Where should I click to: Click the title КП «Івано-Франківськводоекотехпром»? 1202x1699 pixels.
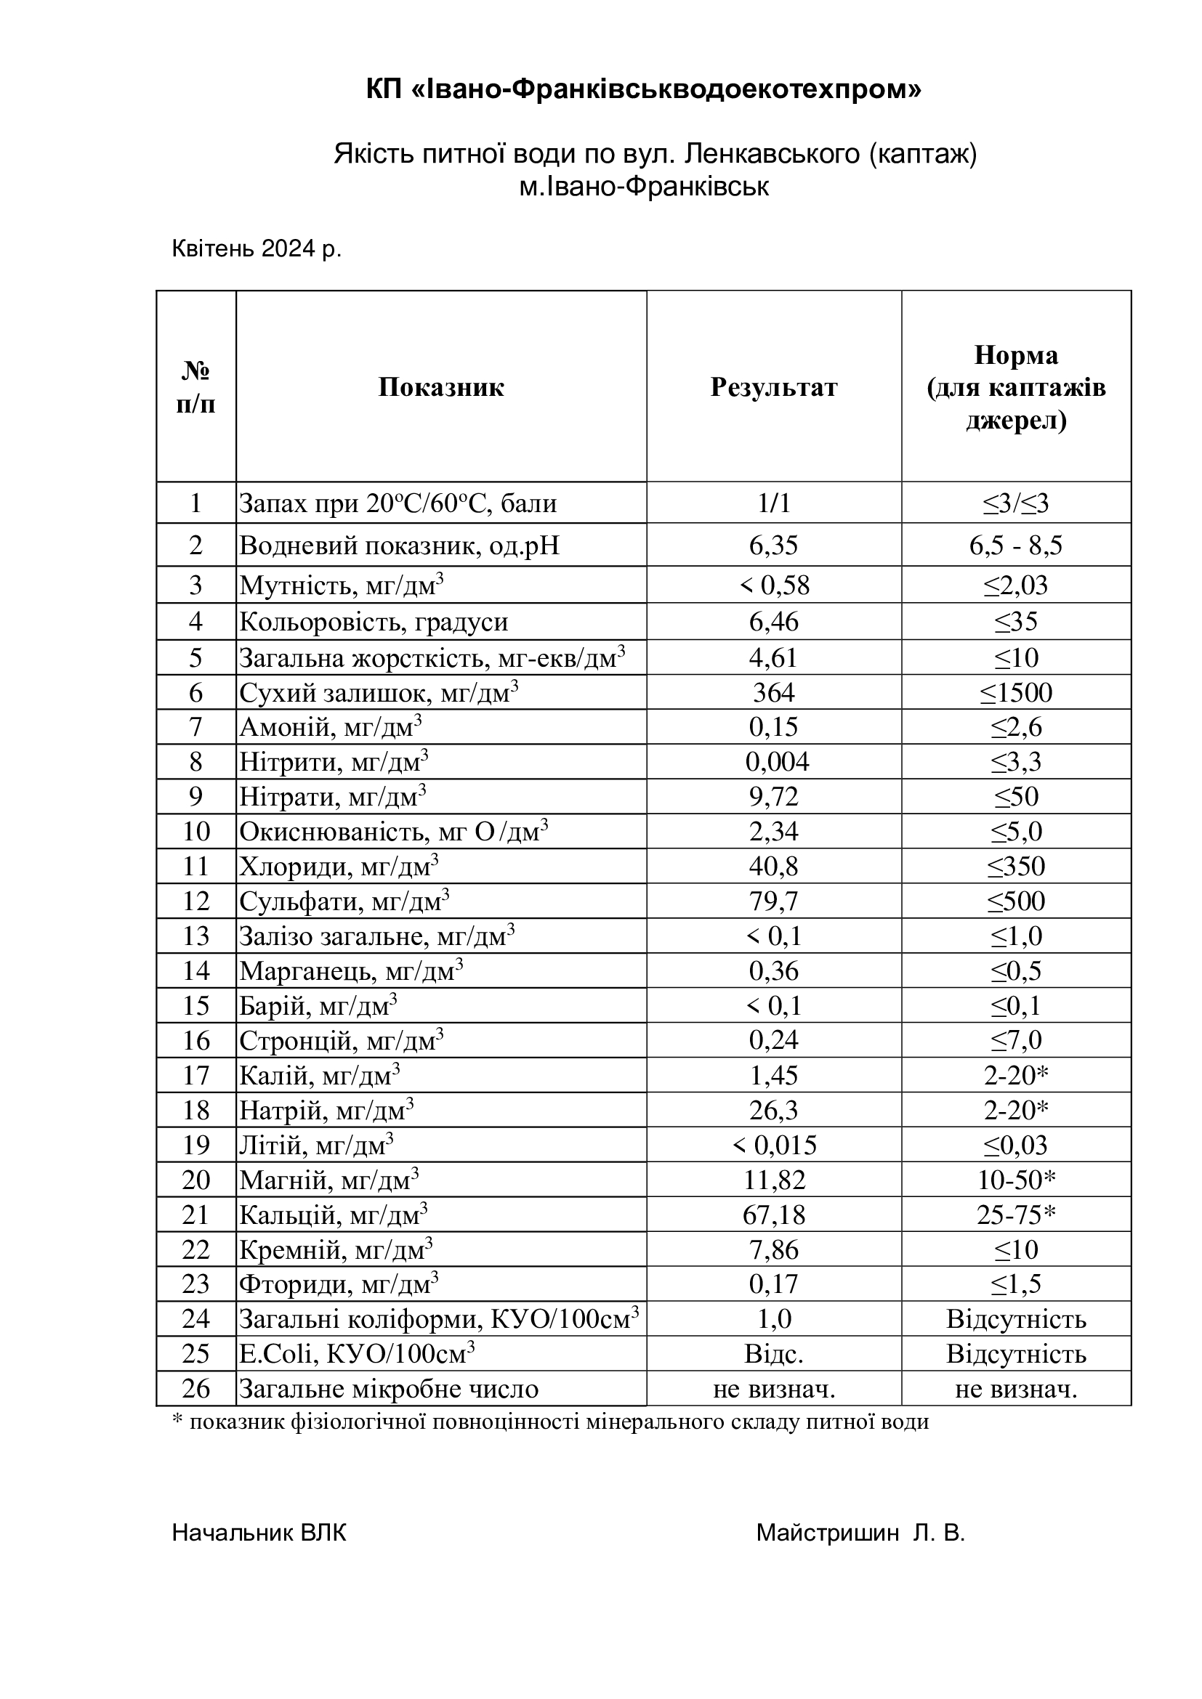(x=644, y=90)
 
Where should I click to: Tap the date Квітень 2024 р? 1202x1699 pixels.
(x=256, y=248)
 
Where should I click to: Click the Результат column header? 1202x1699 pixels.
(x=773, y=387)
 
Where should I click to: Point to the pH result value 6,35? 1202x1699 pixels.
(x=773, y=546)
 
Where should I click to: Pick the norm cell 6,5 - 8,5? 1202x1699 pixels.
(x=1015, y=546)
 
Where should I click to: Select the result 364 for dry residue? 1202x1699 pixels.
(x=773, y=693)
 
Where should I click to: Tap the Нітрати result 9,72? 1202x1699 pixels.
(x=773, y=797)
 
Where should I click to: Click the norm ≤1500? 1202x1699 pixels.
(x=1015, y=693)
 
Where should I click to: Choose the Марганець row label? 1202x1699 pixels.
(x=351, y=971)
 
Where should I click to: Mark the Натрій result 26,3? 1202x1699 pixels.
(x=773, y=1110)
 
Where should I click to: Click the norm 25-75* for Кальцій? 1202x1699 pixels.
(x=1015, y=1215)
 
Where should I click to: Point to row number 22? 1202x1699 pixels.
(x=195, y=1250)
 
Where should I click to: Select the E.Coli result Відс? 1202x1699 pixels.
(x=773, y=1354)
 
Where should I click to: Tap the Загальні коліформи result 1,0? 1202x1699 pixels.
(x=773, y=1319)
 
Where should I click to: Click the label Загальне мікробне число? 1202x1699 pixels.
(x=389, y=1389)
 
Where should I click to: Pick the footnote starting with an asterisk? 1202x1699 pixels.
(x=550, y=1422)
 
